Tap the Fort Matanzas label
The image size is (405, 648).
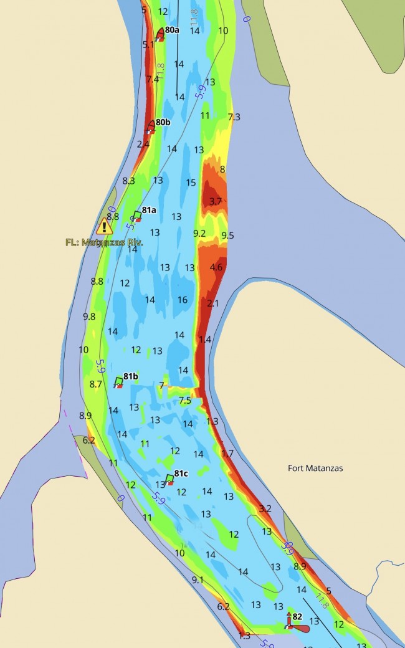click(x=315, y=468)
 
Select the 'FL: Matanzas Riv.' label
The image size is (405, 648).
click(x=104, y=242)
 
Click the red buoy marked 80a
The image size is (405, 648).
click(x=160, y=34)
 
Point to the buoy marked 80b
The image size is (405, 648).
click(x=150, y=126)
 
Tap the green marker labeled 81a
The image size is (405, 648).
click(x=136, y=216)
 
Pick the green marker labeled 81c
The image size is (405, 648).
click(x=169, y=479)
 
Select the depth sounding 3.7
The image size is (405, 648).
click(x=216, y=201)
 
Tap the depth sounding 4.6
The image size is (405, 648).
click(x=216, y=267)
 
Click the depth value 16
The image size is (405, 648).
click(x=182, y=300)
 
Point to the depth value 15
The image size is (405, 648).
click(x=191, y=183)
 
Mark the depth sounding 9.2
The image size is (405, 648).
click(x=199, y=233)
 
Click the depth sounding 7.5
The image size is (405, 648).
click(x=185, y=401)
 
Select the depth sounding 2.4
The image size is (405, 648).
click(x=143, y=144)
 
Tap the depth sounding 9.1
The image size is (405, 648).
click(x=198, y=580)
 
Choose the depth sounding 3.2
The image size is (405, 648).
click(x=265, y=508)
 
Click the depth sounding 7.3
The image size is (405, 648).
click(x=234, y=117)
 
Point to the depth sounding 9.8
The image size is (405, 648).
click(x=89, y=316)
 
